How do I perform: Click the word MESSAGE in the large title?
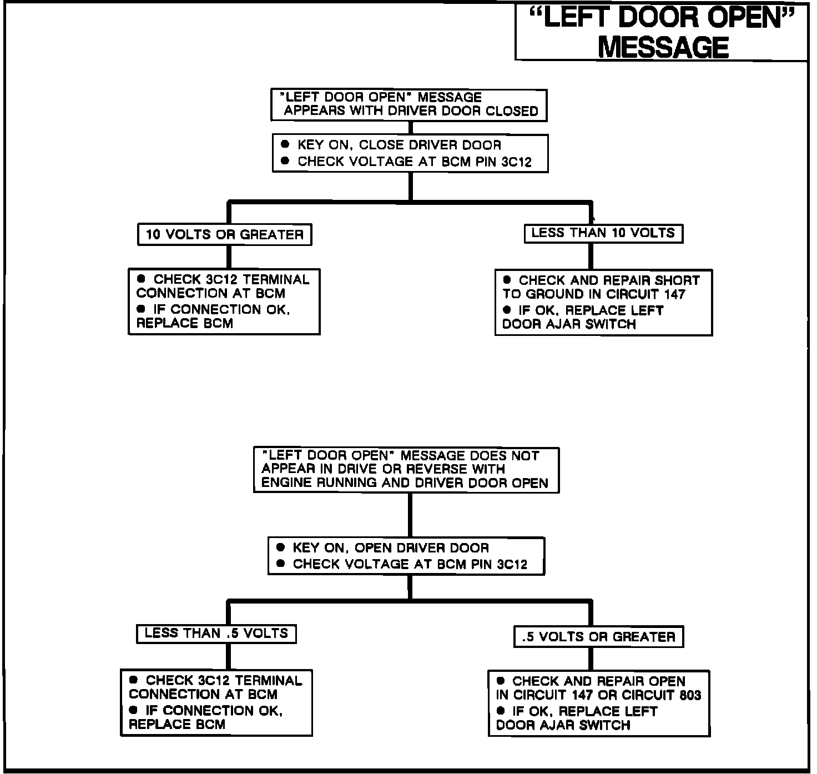pos(663,47)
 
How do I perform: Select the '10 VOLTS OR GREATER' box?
pos(224,234)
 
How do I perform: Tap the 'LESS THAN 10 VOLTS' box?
pos(603,233)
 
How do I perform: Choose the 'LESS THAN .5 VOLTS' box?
pos(216,634)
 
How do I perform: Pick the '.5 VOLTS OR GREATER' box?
pos(598,637)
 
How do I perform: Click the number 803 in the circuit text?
pos(690,695)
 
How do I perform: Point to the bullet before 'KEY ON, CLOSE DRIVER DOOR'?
pos(285,144)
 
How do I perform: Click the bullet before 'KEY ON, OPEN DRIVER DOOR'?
pos(280,547)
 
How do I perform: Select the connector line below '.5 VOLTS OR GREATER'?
pos(591,659)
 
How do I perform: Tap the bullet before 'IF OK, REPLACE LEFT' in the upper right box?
pos(507,310)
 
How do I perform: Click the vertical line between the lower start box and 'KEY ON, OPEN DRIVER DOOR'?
pos(410,515)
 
